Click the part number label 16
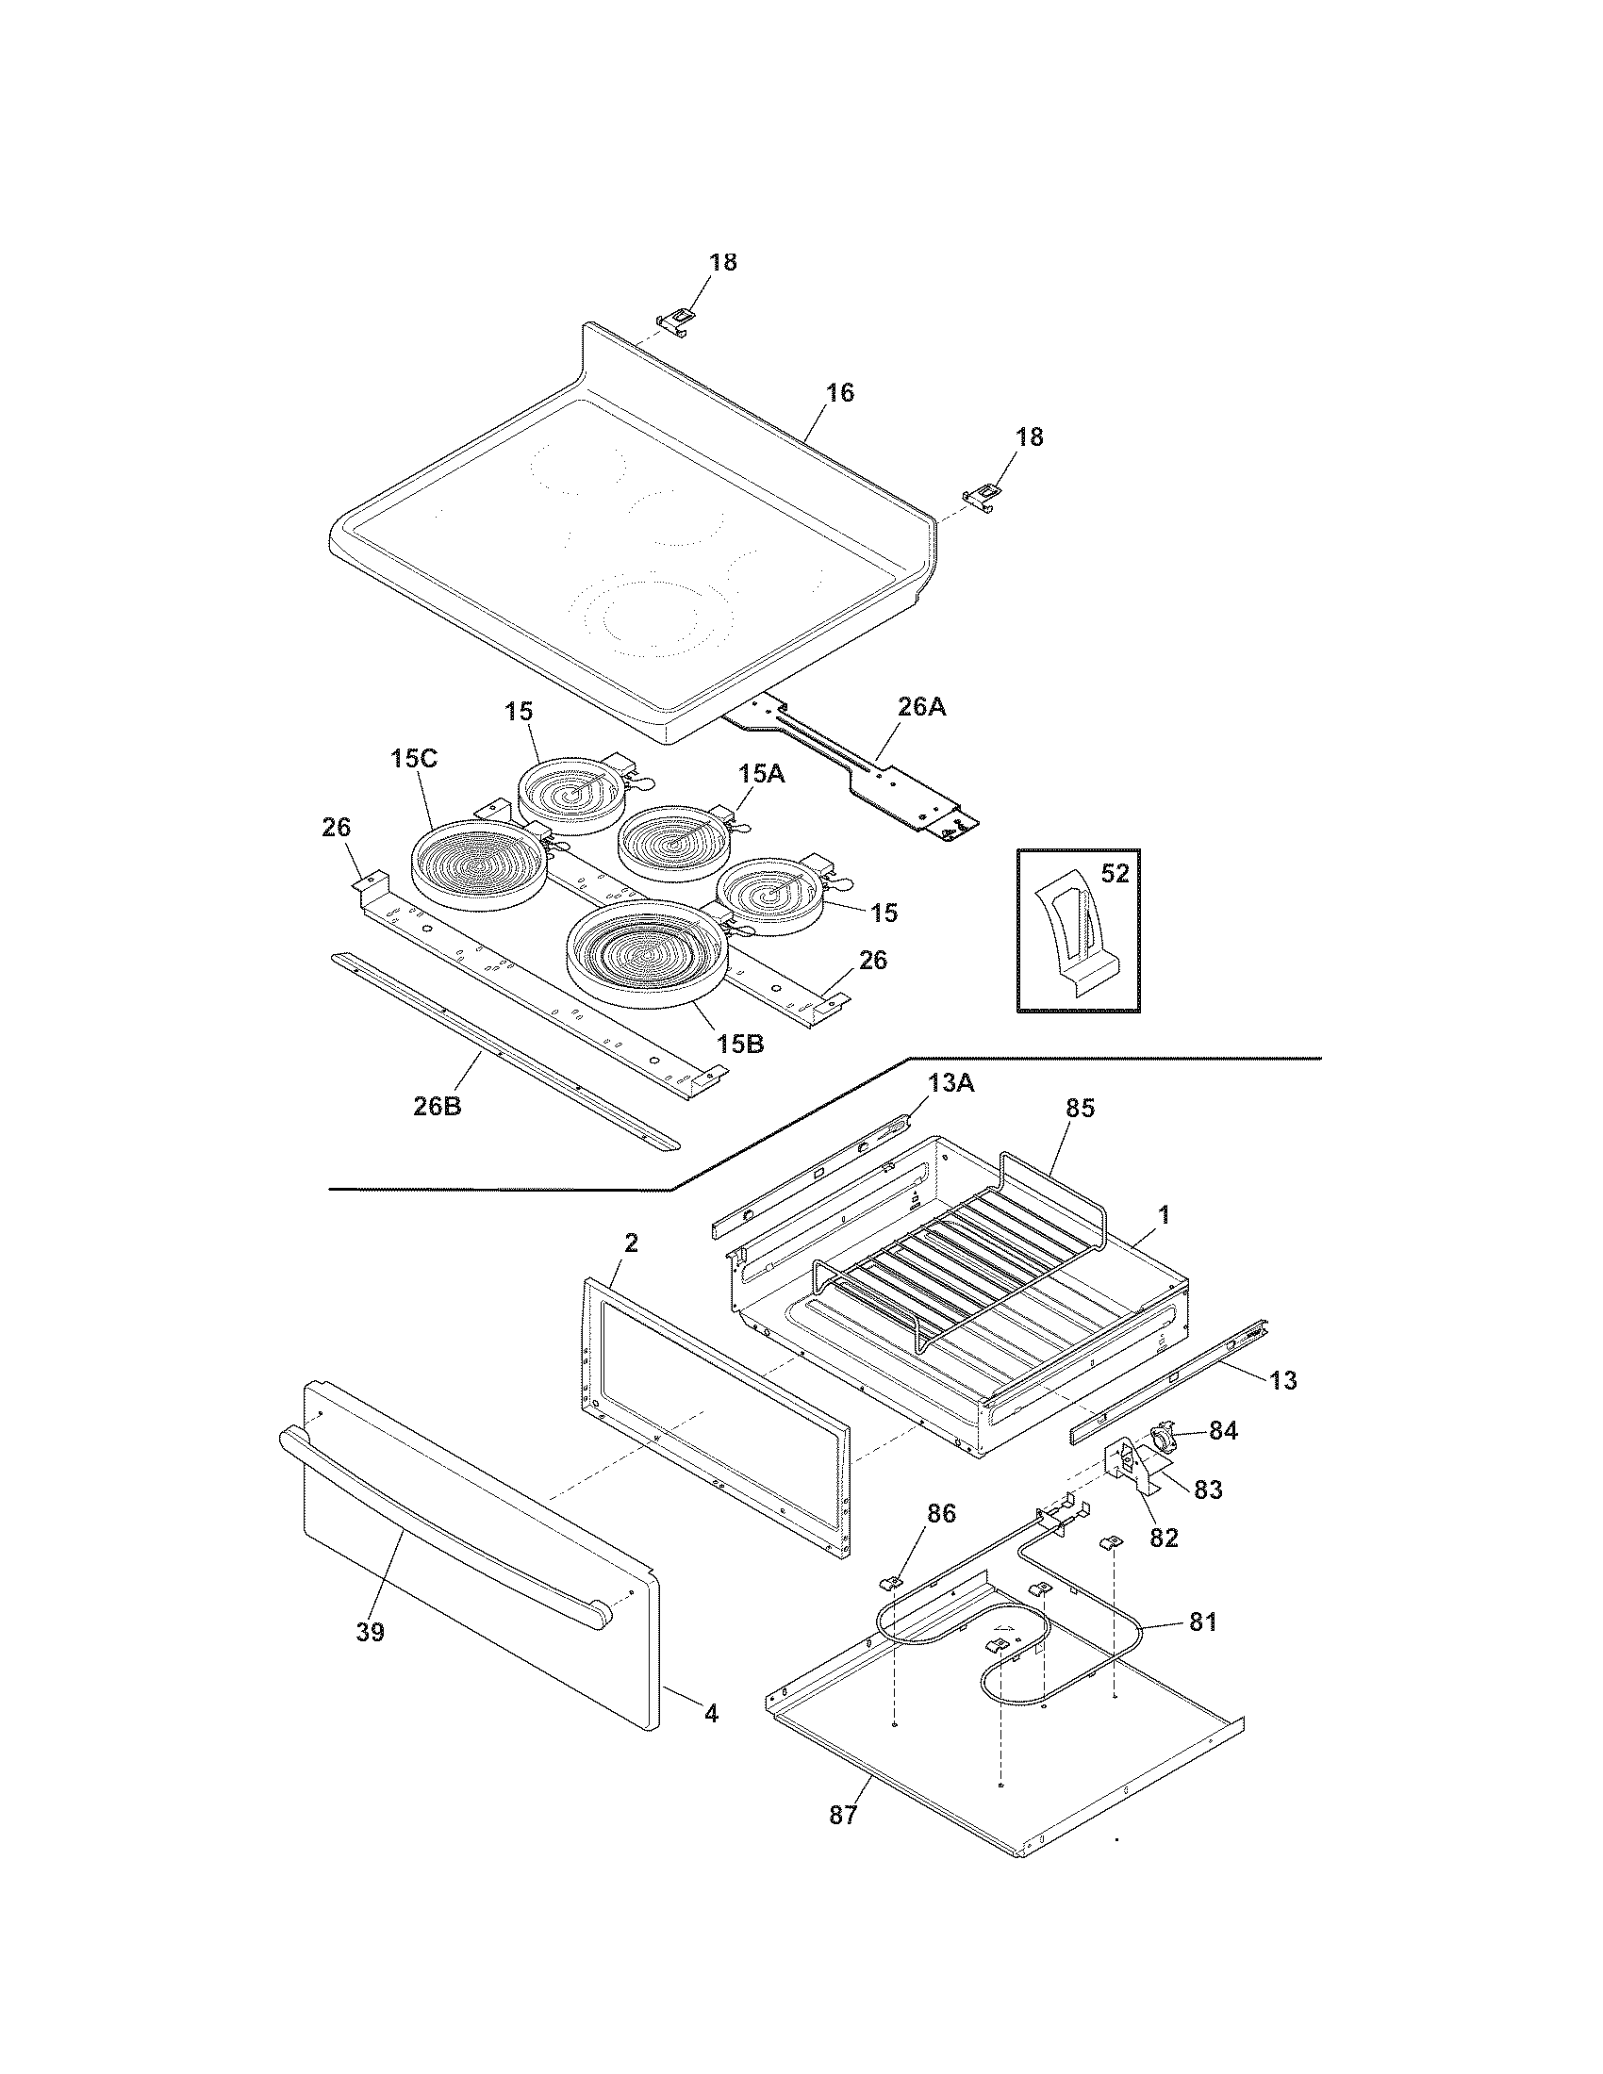pyautogui.click(x=839, y=392)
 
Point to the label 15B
pyautogui.click(x=740, y=1045)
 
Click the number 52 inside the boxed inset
pyautogui.click(x=1114, y=873)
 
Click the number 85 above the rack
pyautogui.click(x=1080, y=1108)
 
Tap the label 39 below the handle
pyautogui.click(x=370, y=1632)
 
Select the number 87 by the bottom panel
pyautogui.click(x=842, y=1815)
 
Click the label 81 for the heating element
pyautogui.click(x=1202, y=1622)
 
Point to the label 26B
pyautogui.click(x=437, y=1106)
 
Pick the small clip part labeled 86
pyautogui.click(x=892, y=1582)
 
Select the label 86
pyautogui.click(x=940, y=1514)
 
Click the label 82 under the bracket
pyautogui.click(x=1164, y=1538)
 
